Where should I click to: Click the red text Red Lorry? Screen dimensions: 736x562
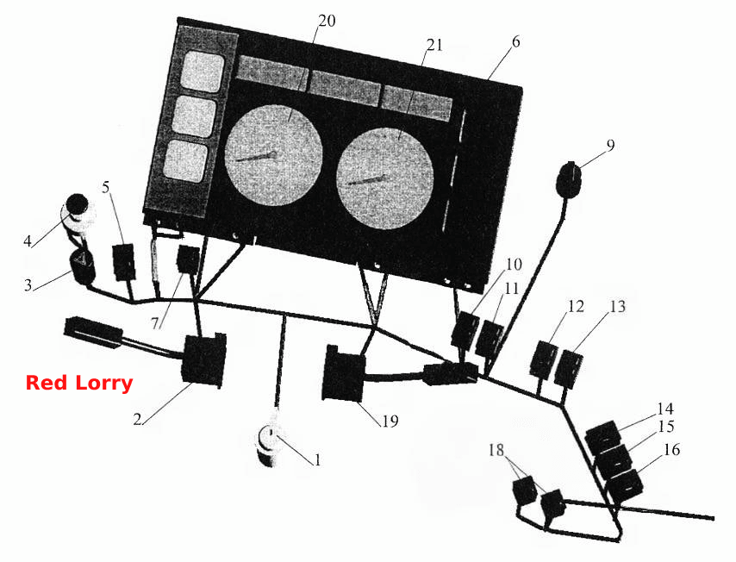[79, 383]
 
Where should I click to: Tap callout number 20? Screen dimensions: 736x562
[327, 22]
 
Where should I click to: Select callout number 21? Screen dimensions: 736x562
[434, 45]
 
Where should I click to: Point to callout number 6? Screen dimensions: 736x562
[516, 41]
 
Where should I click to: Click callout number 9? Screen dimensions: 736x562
[610, 145]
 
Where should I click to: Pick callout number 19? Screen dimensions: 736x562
[390, 421]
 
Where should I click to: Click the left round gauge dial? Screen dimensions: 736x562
[274, 156]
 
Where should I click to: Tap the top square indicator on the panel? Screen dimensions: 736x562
[203, 71]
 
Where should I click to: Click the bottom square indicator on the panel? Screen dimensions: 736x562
[186, 161]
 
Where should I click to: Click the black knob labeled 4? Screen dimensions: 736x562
[78, 205]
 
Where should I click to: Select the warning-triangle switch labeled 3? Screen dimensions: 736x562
[82, 266]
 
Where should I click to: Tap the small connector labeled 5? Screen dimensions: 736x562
[124, 262]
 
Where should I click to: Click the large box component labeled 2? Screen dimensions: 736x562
[204, 359]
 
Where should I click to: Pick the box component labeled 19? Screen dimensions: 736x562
[344, 373]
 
